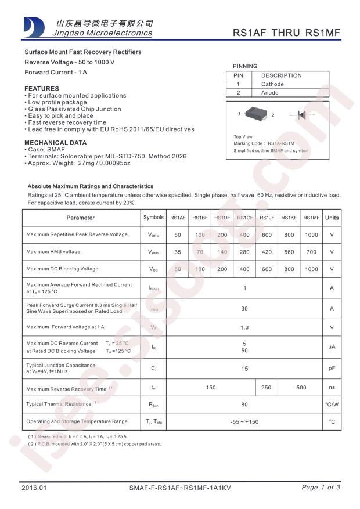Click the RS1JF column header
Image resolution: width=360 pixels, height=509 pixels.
pyautogui.click(x=267, y=218)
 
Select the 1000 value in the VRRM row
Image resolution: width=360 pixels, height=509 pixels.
pyautogui.click(x=311, y=234)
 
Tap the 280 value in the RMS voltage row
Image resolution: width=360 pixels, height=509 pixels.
pyautogui.click(x=244, y=252)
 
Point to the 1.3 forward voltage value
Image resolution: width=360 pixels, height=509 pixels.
pyautogui.click(x=244, y=328)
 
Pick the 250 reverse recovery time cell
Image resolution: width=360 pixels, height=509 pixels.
pyautogui.click(x=267, y=387)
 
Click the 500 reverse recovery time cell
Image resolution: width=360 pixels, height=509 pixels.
pyautogui.click(x=301, y=387)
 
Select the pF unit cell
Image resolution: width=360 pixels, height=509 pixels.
pyautogui.click(x=332, y=368)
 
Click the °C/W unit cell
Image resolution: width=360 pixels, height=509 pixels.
pyautogui.click(x=332, y=404)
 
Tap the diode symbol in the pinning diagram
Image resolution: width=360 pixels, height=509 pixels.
pyautogui.click(x=302, y=115)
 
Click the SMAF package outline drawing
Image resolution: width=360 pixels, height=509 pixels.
pyautogui.click(x=255, y=114)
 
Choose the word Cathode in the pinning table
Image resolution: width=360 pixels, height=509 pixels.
pyautogui.click(x=272, y=84)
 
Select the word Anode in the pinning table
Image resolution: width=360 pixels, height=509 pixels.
pyautogui.click(x=269, y=93)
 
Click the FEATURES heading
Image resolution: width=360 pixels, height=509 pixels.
pyautogui.click(x=41, y=89)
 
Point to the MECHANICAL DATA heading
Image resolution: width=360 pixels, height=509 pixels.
pyautogui.click(x=55, y=142)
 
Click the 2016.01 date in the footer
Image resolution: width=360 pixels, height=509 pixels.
pyautogui.click(x=33, y=488)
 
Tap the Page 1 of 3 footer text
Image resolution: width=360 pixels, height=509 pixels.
pyautogui.click(x=321, y=488)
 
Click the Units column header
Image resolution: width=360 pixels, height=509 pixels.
pyautogui.click(x=332, y=218)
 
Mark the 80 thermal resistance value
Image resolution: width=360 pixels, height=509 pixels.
pyautogui.click(x=244, y=404)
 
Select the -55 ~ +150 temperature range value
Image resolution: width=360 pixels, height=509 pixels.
pyautogui.click(x=244, y=422)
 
